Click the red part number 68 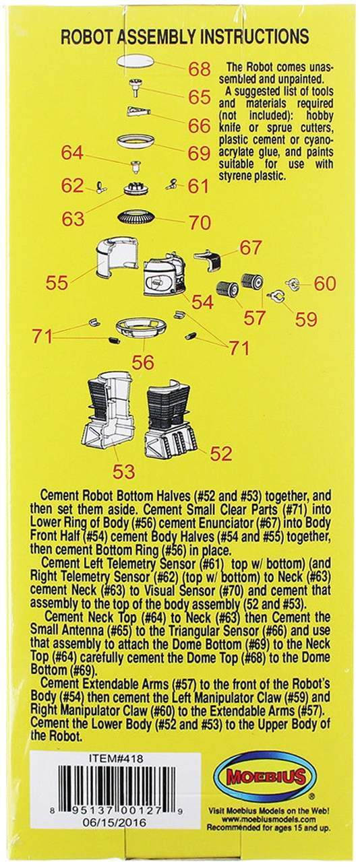click(x=200, y=69)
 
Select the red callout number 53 click(x=124, y=471)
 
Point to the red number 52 click(x=220, y=453)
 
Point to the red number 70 click(x=200, y=222)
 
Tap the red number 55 click(x=57, y=283)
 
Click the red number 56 click(x=143, y=362)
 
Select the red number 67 click(x=251, y=248)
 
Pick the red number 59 click(x=307, y=319)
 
